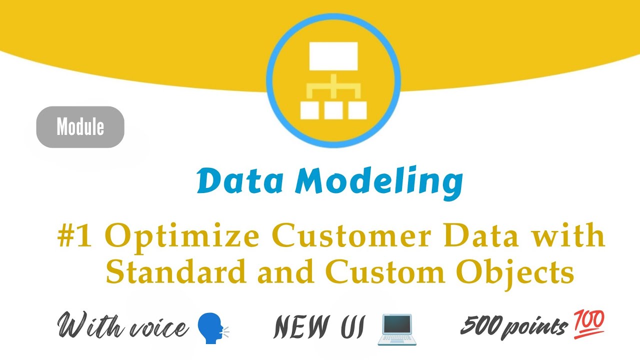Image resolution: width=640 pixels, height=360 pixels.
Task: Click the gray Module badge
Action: tap(80, 127)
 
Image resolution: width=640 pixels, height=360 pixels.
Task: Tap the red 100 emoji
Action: tap(590, 322)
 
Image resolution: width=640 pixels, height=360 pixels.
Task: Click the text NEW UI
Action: tap(319, 328)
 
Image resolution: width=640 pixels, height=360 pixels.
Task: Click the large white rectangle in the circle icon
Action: tap(333, 56)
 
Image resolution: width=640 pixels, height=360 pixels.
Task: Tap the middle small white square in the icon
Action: tap(333, 110)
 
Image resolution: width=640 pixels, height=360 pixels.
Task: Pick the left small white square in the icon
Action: tap(309, 110)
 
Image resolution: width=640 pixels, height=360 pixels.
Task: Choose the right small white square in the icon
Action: tap(357, 110)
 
